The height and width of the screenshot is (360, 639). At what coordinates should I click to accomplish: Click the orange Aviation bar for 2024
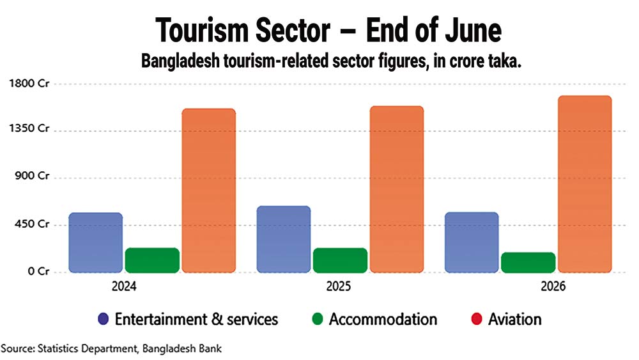point(209,191)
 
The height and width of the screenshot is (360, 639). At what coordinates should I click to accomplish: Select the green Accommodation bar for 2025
point(341,260)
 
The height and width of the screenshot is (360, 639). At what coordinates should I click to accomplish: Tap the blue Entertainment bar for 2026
point(472,242)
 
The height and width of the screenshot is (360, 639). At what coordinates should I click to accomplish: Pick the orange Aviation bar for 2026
point(585,184)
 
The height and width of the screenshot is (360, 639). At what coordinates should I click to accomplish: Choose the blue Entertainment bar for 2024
point(96,242)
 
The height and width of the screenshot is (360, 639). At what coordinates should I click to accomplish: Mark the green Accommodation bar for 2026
point(528,262)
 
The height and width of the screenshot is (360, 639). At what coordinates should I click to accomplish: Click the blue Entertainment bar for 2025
point(284,239)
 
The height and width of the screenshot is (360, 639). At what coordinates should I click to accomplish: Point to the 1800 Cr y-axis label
point(29,83)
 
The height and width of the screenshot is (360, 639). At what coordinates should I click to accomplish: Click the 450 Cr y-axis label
point(32,224)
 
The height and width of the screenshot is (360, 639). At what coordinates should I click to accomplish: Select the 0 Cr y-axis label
point(38,271)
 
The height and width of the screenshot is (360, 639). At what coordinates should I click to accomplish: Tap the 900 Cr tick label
point(32,176)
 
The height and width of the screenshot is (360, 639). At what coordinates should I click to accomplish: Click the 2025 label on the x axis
point(338,286)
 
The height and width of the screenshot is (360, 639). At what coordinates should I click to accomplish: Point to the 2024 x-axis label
point(124,286)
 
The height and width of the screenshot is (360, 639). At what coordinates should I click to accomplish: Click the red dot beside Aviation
point(477,319)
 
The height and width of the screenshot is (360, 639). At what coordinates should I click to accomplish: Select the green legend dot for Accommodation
point(318,319)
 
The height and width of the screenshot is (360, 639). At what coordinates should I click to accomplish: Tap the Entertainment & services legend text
point(196,319)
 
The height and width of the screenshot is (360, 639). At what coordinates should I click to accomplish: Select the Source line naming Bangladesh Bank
point(111,349)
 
